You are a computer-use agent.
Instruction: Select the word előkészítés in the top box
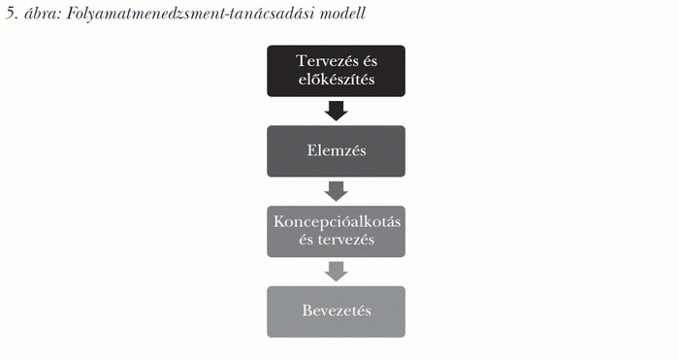336,80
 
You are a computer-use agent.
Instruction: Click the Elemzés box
336,150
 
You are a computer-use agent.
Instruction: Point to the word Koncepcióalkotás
336,222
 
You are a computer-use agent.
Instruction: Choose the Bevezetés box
336,311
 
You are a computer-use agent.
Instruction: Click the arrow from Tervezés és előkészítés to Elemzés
336,110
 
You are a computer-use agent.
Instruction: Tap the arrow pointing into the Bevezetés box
336,271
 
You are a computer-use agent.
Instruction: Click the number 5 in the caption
10,16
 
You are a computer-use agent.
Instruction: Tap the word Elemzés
336,150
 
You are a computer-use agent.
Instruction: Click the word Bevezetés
336,311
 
